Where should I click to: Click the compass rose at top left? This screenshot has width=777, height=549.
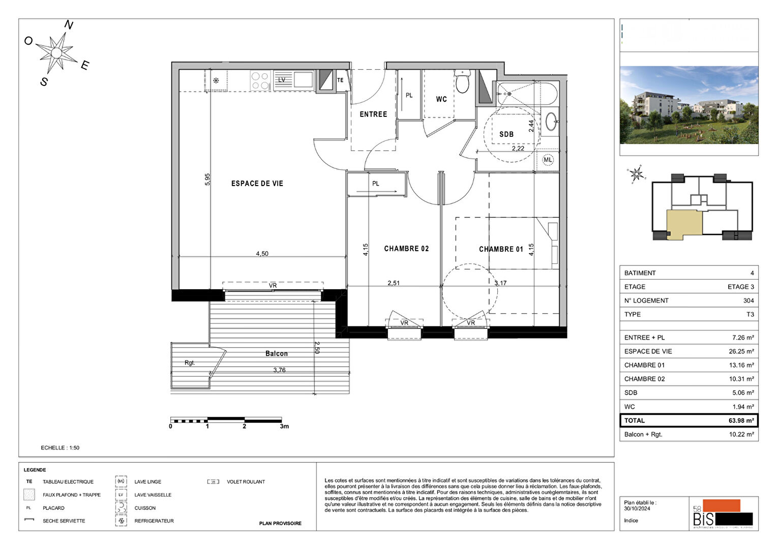(x=56, y=52)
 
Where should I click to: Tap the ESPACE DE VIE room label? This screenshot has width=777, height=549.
(x=257, y=184)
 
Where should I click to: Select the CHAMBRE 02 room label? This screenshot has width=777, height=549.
(x=406, y=249)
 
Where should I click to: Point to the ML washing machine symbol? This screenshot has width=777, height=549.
(x=548, y=160)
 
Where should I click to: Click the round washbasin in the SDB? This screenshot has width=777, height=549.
(x=551, y=121)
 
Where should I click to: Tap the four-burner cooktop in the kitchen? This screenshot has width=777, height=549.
(x=260, y=81)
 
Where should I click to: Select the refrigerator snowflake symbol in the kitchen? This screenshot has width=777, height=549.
(x=216, y=80)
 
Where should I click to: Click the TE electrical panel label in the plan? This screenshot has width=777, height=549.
(x=340, y=80)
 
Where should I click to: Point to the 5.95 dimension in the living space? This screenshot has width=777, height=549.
(x=207, y=179)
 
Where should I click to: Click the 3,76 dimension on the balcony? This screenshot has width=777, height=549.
(x=279, y=370)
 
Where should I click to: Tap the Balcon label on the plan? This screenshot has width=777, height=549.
(x=276, y=353)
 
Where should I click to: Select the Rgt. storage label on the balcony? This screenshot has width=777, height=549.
(x=190, y=363)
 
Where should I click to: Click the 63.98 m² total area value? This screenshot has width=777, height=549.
(x=741, y=421)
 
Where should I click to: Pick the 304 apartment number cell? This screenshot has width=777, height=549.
(x=748, y=300)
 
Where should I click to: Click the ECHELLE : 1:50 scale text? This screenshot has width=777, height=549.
(x=60, y=448)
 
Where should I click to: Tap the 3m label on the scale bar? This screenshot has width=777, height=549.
(x=284, y=426)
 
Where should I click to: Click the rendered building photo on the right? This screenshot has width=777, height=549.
(x=689, y=105)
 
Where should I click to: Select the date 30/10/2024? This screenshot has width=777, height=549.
(x=637, y=508)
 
